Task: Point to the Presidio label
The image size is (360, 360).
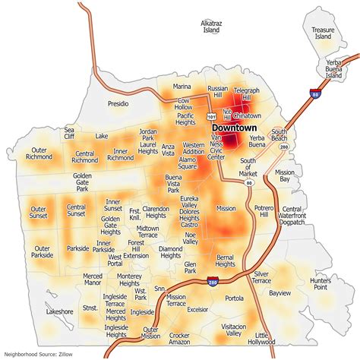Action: click(118, 103)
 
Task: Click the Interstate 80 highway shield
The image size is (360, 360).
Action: click(314, 95)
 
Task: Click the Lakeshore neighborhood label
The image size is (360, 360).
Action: click(58, 311)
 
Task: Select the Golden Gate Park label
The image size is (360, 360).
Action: click(82, 183)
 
